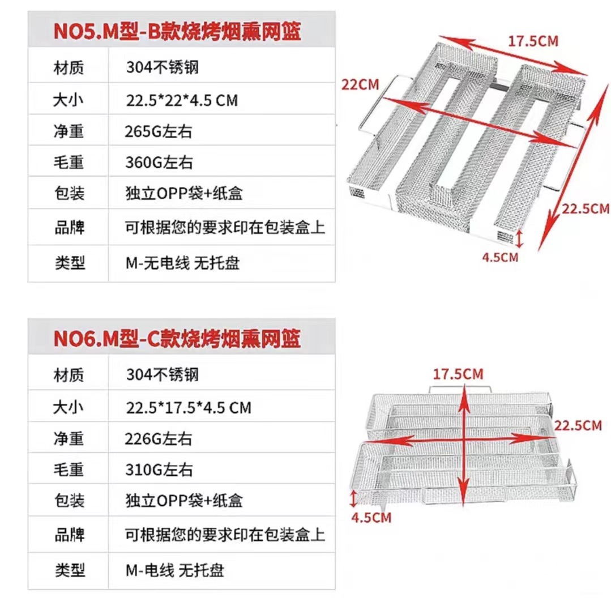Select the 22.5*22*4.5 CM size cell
182,100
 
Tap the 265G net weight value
159,131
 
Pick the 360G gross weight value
159,163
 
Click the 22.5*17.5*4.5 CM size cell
189,407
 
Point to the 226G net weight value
159,438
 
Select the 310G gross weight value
159,469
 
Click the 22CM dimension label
360,84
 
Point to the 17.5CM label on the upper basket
532,41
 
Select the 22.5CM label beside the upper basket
586,208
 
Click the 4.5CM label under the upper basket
500,257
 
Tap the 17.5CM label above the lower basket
458,374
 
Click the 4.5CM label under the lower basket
371,517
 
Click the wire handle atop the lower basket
460,389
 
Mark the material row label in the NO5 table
69,69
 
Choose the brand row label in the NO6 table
69,535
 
